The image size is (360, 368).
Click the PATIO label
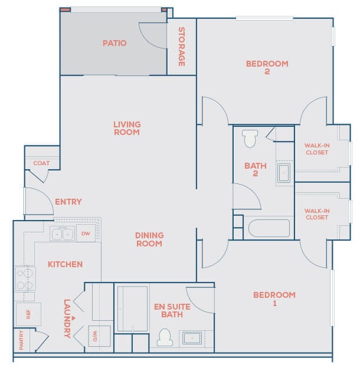[x=114, y=43]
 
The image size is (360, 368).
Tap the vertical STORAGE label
[x=182, y=47]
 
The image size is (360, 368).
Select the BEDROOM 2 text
[x=267, y=67]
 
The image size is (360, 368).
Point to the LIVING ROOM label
[x=127, y=128]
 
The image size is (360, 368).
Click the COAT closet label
[x=41, y=163]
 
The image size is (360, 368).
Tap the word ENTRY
[x=68, y=202]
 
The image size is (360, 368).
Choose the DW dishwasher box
[x=86, y=234]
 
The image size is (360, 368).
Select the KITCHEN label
[x=65, y=264]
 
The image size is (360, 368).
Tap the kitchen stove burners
[x=24, y=279]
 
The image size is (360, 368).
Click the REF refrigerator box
[x=28, y=314]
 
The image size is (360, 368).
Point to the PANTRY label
[x=21, y=341]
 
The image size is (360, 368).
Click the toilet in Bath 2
[x=250, y=138]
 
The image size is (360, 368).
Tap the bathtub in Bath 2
[x=269, y=228]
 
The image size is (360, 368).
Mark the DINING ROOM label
[x=149, y=239]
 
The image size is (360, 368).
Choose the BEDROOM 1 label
[x=274, y=299]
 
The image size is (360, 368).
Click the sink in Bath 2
[x=284, y=173]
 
